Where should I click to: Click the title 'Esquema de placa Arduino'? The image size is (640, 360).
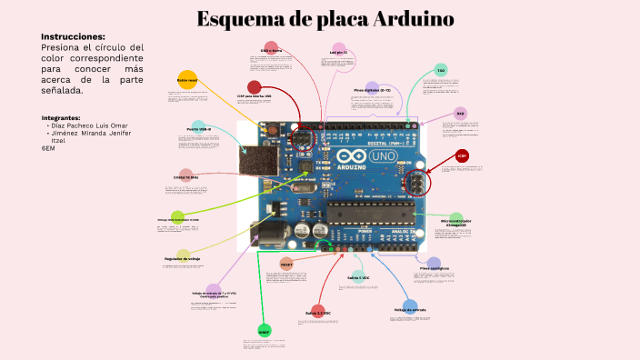pyautogui.click(x=325, y=19)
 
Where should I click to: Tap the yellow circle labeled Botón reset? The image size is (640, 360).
pyautogui.click(x=186, y=79)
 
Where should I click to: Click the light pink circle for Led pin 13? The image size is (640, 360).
pyautogui.click(x=339, y=49)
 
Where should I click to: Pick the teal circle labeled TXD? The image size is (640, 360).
pyautogui.click(x=441, y=70)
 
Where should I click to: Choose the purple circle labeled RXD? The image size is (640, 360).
pyautogui.click(x=460, y=114)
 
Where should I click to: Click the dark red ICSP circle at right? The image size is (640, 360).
pyautogui.click(x=462, y=156)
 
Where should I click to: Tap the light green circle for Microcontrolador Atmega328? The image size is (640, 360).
pyautogui.click(x=455, y=219)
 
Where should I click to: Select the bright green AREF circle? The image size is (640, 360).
pyautogui.click(x=264, y=331)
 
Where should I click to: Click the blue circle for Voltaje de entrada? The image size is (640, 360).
pyautogui.click(x=410, y=307)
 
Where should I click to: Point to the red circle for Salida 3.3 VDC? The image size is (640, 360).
pyautogui.click(x=317, y=311)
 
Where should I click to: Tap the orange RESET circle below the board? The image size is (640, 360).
pyautogui.click(x=285, y=263)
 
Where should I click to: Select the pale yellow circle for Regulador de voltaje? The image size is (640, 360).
pyautogui.click(x=183, y=256)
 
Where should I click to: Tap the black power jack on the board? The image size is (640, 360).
pyautogui.click(x=266, y=236)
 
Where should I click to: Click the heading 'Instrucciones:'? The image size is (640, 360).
pyautogui.click(x=73, y=36)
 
